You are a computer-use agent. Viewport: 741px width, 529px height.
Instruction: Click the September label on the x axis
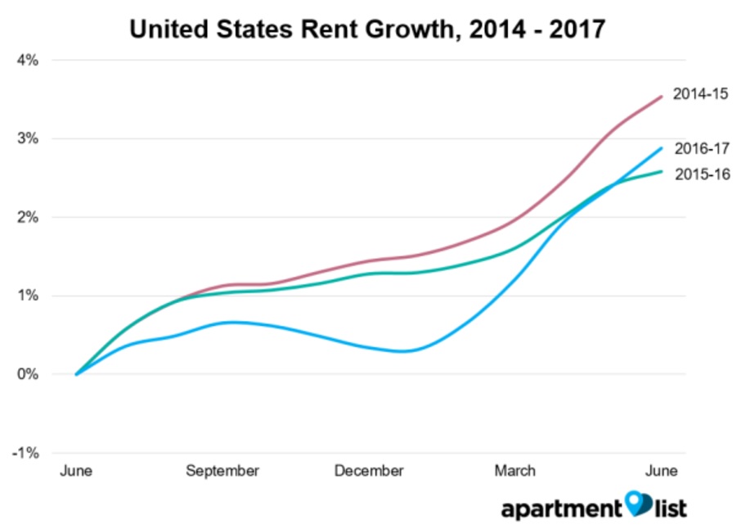(222, 471)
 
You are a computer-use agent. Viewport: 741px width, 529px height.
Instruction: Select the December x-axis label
(369, 471)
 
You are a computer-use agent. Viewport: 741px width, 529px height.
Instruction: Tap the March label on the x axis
(515, 471)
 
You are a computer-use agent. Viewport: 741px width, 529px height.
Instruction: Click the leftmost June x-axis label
(76, 471)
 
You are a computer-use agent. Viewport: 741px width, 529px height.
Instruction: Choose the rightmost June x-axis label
(662, 471)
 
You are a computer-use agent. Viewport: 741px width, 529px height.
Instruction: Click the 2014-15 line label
(700, 94)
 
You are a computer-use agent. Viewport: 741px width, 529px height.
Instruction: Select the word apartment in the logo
(561, 509)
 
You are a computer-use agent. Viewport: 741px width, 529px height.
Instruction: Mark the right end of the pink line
(662, 97)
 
